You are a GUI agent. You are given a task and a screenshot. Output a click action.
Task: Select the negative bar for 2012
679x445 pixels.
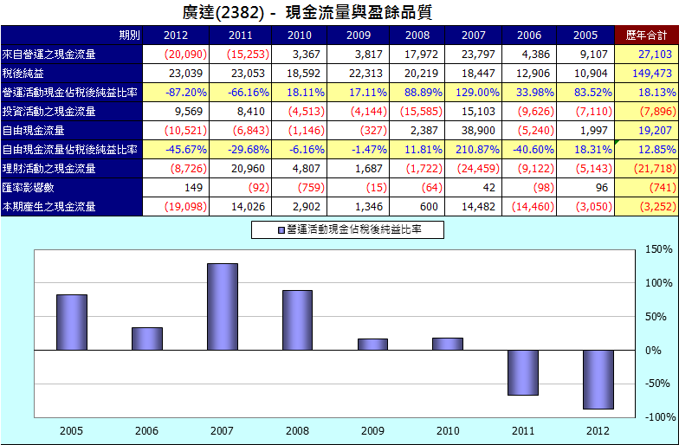[598, 379]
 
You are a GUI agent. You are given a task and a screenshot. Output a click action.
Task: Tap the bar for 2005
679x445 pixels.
[72, 322]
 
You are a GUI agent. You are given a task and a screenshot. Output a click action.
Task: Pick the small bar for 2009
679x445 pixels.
[372, 345]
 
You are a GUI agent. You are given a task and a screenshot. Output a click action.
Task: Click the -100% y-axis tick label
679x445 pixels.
[658, 417]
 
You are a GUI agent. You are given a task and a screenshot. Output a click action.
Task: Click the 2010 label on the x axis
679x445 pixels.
[447, 430]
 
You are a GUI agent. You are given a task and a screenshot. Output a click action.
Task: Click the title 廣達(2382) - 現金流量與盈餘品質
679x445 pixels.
[307, 13]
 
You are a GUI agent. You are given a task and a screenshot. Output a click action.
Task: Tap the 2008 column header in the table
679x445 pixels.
[417, 35]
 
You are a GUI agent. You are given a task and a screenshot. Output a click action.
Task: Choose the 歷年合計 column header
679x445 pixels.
[646, 35]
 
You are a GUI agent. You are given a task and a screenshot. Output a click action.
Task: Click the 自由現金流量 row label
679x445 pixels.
[34, 131]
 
